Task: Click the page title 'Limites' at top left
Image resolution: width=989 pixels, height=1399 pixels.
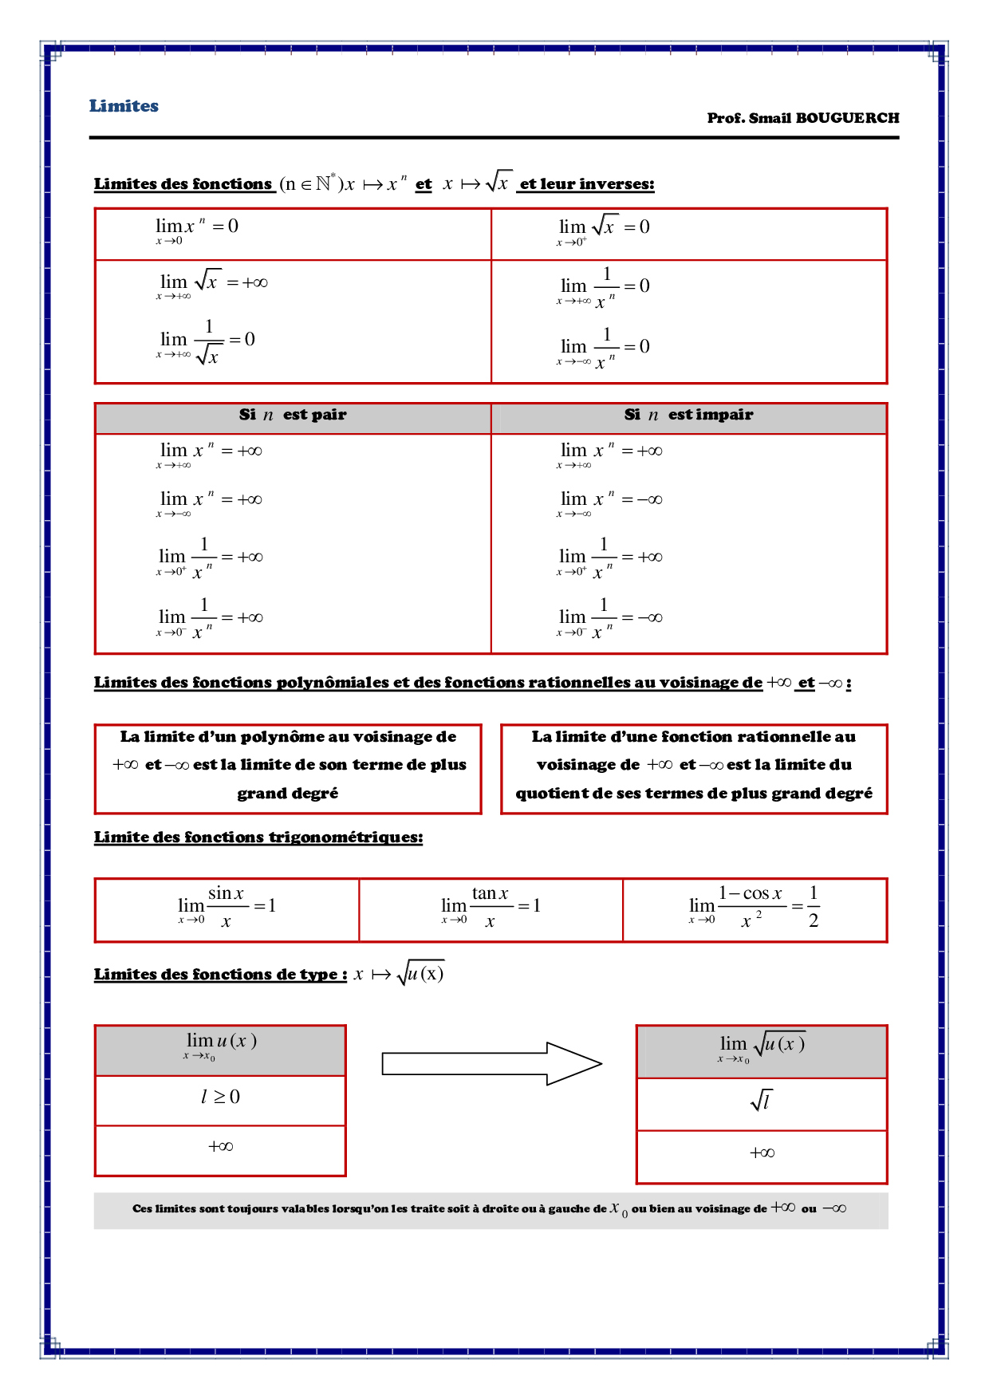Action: (x=124, y=106)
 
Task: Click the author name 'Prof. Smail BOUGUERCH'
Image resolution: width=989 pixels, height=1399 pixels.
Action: (x=802, y=118)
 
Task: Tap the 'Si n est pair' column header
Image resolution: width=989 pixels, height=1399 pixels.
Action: (x=293, y=415)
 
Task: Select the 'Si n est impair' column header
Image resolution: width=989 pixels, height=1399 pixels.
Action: (x=688, y=415)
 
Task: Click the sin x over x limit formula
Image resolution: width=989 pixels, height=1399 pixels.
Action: (x=227, y=908)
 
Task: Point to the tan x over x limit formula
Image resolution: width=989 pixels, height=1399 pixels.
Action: (x=491, y=908)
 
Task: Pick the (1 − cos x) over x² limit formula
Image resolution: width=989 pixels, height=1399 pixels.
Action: (x=754, y=908)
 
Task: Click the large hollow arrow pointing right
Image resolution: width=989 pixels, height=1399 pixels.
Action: (x=491, y=1063)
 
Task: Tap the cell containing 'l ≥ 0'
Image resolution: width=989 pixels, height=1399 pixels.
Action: (x=220, y=1098)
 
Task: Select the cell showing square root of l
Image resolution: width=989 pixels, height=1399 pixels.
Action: (x=762, y=1102)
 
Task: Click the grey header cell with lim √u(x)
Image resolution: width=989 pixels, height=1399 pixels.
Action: (x=762, y=1049)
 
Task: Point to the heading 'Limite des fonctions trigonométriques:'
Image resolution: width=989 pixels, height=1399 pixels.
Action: (x=258, y=837)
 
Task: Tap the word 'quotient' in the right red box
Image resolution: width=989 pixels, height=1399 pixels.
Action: (x=551, y=794)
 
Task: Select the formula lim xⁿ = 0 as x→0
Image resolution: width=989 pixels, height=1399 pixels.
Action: (x=197, y=230)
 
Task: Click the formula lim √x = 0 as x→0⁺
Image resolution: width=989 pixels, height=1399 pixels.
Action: (x=603, y=230)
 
